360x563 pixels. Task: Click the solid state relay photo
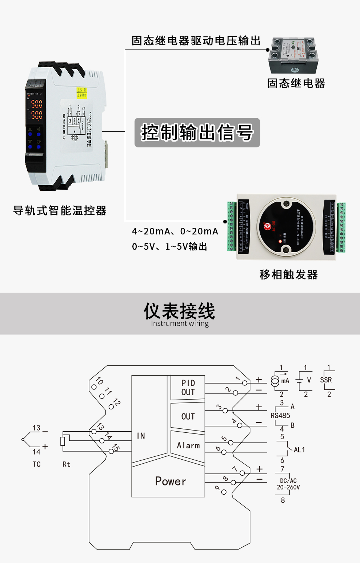[293, 55]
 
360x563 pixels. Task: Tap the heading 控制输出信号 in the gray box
[197, 132]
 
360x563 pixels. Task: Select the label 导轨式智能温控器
[60, 211]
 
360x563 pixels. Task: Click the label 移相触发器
[288, 274]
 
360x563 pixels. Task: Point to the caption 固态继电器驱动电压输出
[196, 41]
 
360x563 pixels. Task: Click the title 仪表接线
[180, 311]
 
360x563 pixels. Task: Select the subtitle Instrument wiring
[180, 324]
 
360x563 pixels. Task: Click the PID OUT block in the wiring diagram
[188, 388]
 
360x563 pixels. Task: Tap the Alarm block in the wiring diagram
[188, 445]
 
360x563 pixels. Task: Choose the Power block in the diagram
[170, 481]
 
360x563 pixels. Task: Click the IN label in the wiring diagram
[141, 436]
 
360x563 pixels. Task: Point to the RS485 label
[280, 416]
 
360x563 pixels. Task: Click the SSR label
[326, 380]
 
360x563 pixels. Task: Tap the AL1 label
[299, 450]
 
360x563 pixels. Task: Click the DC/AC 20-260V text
[288, 484]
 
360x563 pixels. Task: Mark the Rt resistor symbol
[63, 441]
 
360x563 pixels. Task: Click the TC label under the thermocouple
[37, 464]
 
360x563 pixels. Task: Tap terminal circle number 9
[224, 492]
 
